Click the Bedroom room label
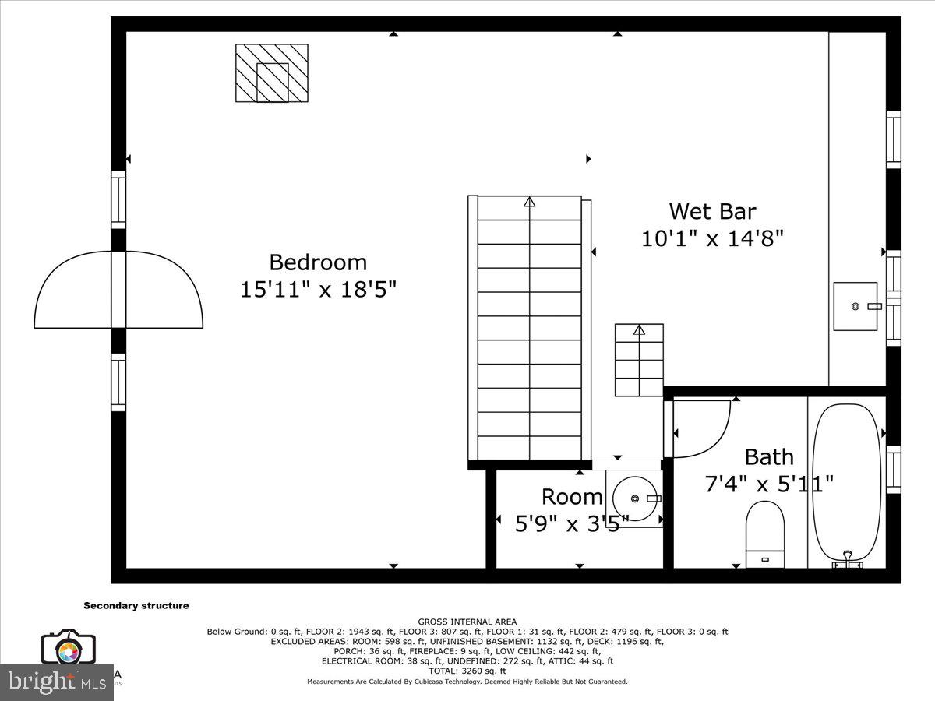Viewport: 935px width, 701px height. pos(318,262)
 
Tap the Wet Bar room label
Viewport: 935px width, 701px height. pos(712,211)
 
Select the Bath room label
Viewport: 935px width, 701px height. pos(769,456)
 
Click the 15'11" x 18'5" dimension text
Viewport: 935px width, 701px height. pos(318,290)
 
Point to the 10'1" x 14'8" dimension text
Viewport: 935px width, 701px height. pos(712,238)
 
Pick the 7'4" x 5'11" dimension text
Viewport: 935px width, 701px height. pos(769,484)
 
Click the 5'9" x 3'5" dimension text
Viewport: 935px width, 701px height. pos(571,524)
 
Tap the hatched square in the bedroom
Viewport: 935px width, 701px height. pos(272,72)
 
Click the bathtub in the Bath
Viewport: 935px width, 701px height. pos(846,481)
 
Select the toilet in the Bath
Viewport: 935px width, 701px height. pos(764,534)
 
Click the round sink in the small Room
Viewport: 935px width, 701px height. pos(636,498)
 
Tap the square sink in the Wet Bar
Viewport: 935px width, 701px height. pos(856,306)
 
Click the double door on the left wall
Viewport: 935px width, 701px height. pos(118,290)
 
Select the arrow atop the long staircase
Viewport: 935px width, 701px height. pos(530,203)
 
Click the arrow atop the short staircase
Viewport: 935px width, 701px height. pos(640,330)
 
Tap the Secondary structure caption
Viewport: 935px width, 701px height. pos(136,605)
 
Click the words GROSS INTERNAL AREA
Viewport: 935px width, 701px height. pos(467,622)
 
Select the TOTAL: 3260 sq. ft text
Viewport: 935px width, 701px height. pos(467,671)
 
